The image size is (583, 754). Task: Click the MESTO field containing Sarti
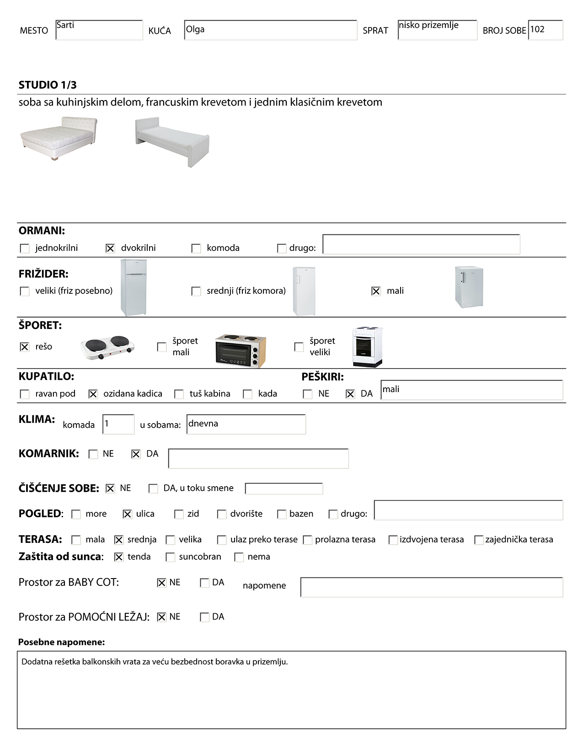coord(99,30)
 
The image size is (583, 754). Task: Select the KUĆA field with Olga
coord(270,30)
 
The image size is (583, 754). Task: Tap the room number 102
coord(545,30)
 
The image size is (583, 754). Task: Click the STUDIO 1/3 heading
coord(48,85)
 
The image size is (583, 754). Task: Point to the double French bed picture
coord(59,138)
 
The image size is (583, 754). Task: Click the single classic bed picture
coord(172,141)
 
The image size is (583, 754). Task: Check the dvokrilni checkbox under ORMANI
coord(110,249)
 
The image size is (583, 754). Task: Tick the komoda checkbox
coord(196,249)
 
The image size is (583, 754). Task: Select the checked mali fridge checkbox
coord(376,292)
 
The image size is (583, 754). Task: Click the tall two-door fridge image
coord(134,287)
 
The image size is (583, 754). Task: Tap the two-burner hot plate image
coord(108,348)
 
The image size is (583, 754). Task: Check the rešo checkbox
coord(25,347)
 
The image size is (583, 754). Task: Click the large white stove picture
coord(367,347)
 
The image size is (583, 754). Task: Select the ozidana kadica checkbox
coord(93,394)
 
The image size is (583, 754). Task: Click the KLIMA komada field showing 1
coord(118,425)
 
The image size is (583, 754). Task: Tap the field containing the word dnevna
coord(246,425)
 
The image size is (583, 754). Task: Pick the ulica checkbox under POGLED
coord(128,515)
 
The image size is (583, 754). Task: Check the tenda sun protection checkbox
coord(119,558)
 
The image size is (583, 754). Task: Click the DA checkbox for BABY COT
coord(205,583)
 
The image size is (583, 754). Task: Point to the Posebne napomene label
coord(62,642)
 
